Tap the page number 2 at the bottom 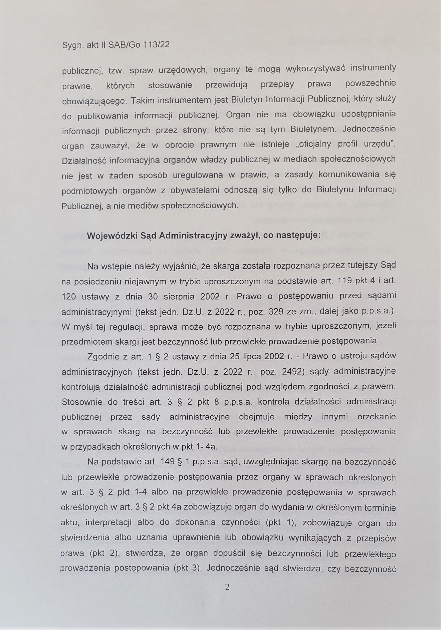point(227,587)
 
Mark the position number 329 point(276,311)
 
